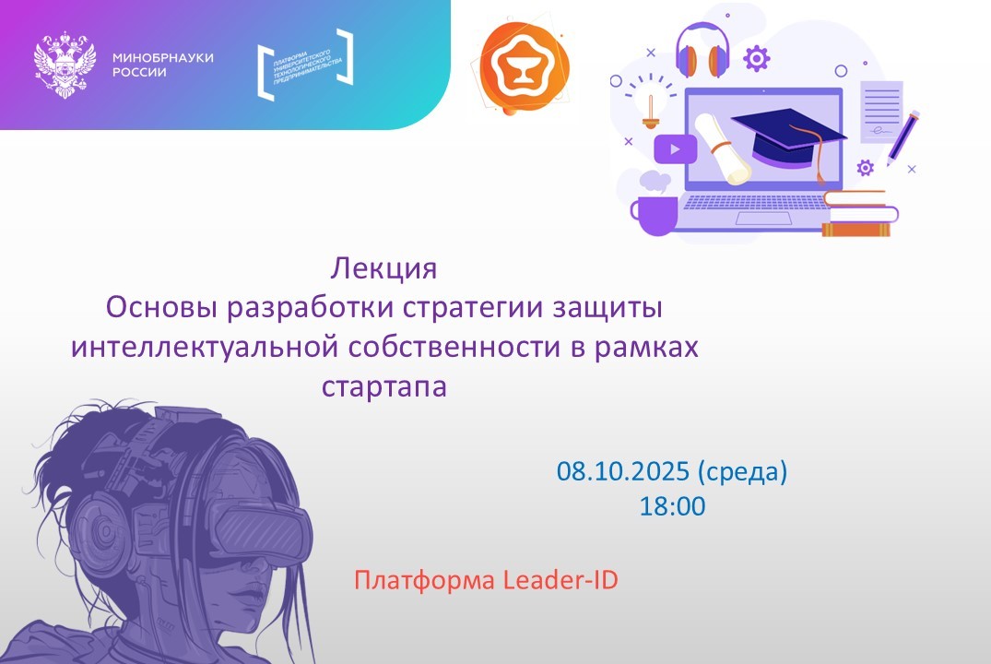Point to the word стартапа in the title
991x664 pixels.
(x=383, y=385)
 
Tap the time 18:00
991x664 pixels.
(x=672, y=505)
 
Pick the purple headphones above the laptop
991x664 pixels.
(x=702, y=51)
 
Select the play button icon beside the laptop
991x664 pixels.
(x=675, y=148)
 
